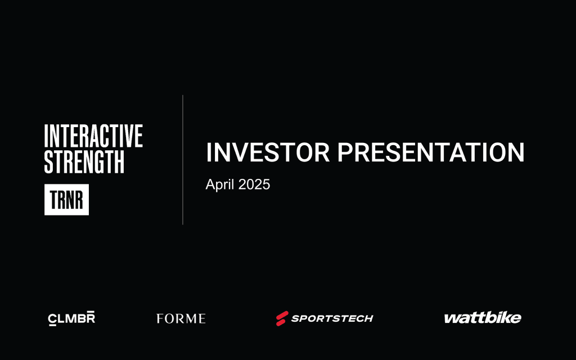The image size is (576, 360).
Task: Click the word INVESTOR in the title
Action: click(268, 152)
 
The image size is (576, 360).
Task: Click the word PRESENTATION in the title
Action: click(431, 152)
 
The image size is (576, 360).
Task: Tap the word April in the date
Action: click(220, 184)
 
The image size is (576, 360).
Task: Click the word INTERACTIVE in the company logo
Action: click(93, 136)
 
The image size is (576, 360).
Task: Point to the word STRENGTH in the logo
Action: click(84, 161)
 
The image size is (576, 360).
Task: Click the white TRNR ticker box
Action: click(66, 200)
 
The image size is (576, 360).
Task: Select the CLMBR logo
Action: click(71, 318)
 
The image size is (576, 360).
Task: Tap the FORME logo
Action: click(181, 318)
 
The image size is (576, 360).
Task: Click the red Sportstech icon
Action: click(282, 318)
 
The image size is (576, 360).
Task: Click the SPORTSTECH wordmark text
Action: click(332, 318)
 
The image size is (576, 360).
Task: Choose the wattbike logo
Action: click(483, 318)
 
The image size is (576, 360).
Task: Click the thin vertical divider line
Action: click(183, 160)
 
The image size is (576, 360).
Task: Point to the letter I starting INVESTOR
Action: click(209, 152)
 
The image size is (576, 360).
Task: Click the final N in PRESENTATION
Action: click(516, 152)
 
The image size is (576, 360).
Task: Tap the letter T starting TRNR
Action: click(53, 200)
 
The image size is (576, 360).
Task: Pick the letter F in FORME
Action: click(160, 318)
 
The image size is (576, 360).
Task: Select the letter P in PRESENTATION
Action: click(345, 152)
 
